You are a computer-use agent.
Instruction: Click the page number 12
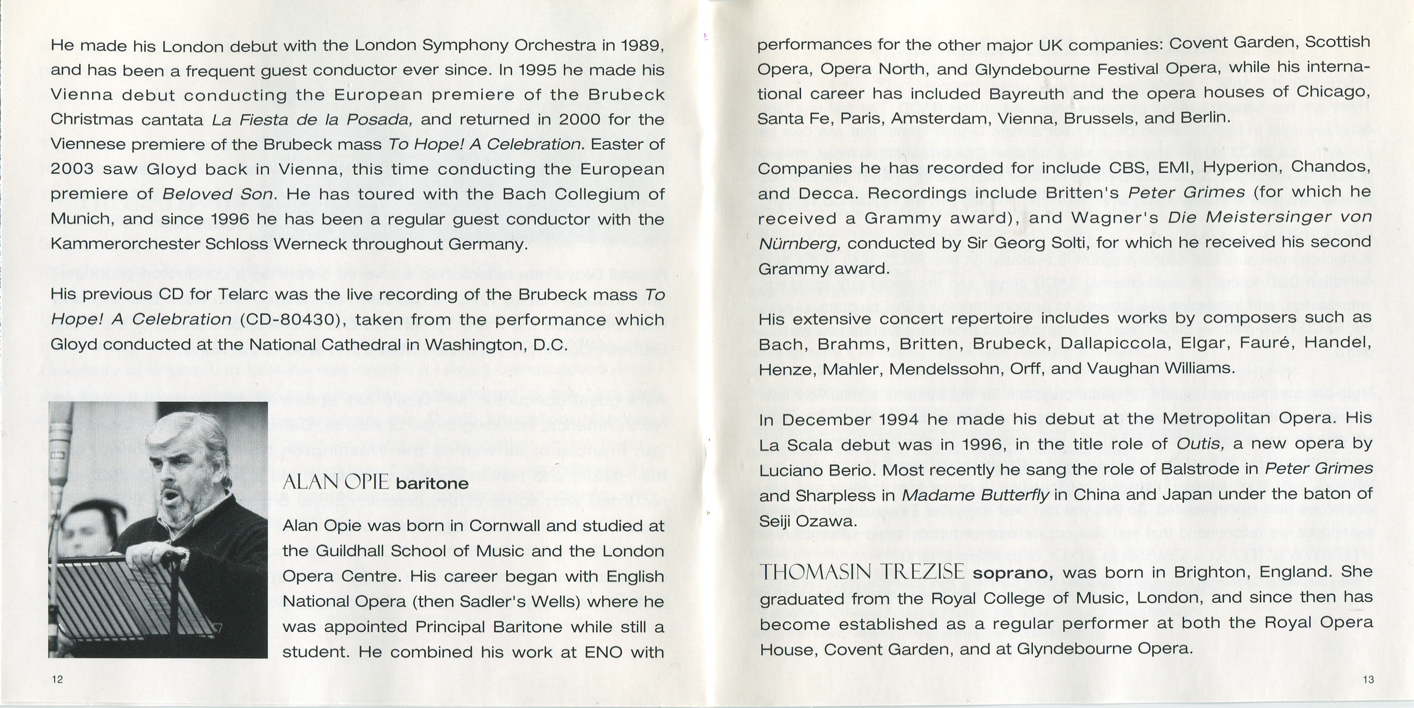pos(57,679)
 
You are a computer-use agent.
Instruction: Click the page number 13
pos(1368,679)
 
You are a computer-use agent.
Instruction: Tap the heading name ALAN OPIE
pos(335,482)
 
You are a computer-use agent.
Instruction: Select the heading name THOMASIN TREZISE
pos(861,572)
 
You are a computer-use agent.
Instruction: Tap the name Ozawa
pos(828,521)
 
